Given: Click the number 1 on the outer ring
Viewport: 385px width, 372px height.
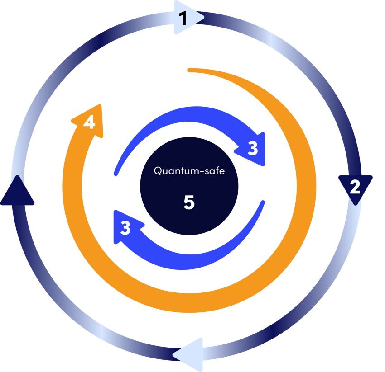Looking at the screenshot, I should (183, 19).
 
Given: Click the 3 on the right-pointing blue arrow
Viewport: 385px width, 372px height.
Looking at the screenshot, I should (253, 148).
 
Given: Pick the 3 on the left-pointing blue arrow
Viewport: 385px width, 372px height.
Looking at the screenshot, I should (125, 228).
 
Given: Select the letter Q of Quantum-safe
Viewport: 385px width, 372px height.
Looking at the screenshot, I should (157, 171).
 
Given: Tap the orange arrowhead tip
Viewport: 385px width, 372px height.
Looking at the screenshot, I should (101, 107).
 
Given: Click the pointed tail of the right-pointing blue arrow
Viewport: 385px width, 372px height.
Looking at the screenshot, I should (115, 174).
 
